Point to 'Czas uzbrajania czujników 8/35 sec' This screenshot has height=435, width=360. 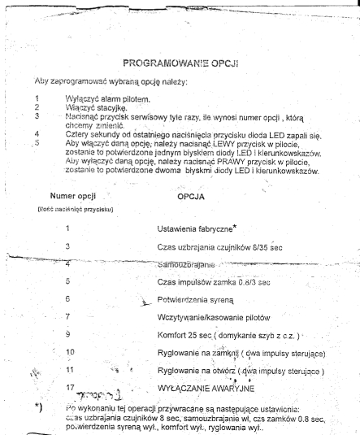coord(223,247)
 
